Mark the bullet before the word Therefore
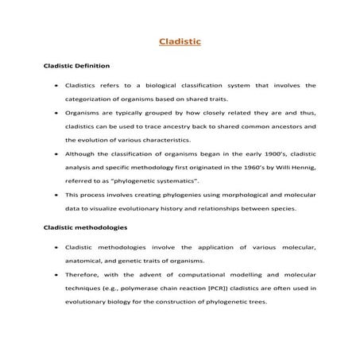pyautogui.click(x=54, y=274)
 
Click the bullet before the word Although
pyautogui.click(x=54, y=151)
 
